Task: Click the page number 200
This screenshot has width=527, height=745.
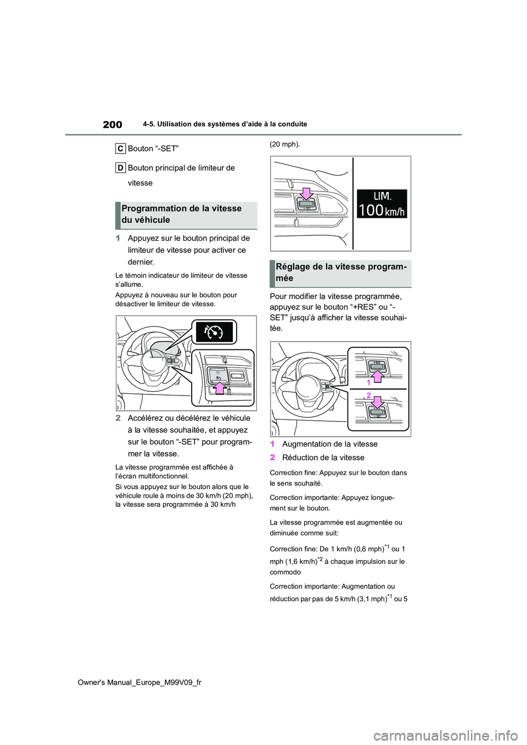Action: coord(112,125)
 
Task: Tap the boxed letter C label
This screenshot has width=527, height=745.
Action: coord(120,149)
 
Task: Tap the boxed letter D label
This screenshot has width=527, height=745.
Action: coord(120,168)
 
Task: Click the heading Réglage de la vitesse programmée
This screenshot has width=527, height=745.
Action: coord(341,273)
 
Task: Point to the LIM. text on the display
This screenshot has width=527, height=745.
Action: coord(382,196)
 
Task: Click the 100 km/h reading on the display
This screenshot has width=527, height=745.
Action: coord(382,210)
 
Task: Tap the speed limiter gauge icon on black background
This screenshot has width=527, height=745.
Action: coord(214,332)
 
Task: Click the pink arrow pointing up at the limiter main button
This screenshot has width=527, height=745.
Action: coord(220,388)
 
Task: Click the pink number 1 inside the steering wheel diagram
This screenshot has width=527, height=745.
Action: coord(369,382)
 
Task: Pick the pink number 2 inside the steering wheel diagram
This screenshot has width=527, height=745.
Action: coord(369,396)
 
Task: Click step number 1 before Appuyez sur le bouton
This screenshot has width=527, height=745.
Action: coord(118,238)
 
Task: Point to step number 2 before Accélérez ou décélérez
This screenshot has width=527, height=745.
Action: coord(118,418)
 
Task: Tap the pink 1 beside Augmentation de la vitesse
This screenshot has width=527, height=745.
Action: coord(272,444)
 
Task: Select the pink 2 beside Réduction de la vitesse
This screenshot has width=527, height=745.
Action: coord(272,458)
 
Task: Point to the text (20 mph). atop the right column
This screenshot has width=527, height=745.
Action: coord(284,144)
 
